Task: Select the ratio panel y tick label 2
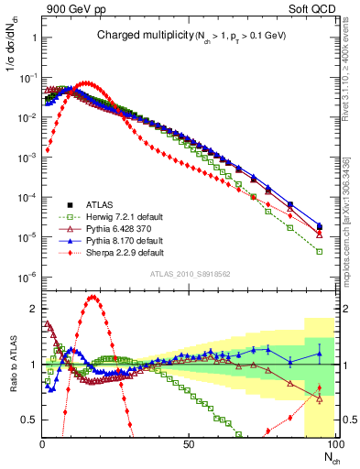tap(33, 308)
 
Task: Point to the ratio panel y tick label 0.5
tap(29, 420)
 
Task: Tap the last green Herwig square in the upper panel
tap(319, 251)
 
